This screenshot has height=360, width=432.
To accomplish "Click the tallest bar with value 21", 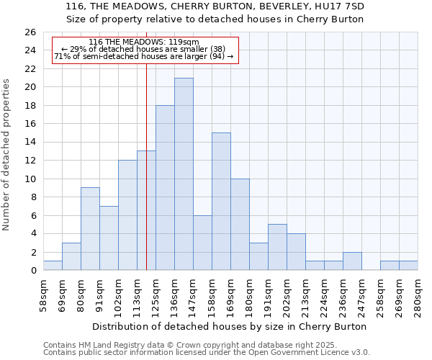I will pos(184,174).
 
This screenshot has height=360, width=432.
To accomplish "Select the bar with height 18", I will pos(165,188).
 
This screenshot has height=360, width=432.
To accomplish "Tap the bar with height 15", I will pos(221,202).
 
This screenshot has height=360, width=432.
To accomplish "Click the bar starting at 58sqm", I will pos(53,266).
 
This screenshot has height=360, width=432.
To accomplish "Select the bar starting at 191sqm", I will pos(277,247).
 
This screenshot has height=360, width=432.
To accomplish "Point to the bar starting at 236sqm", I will pos(352,261).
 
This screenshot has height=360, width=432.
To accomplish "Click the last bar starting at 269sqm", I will pos(408,266).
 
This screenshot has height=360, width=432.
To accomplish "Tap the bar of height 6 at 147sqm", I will pos(202,243).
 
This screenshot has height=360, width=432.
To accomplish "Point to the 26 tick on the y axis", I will pos(30,32).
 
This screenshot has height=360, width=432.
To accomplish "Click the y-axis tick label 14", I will pos(30,143).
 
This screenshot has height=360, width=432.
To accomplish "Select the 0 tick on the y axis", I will pos(32,271).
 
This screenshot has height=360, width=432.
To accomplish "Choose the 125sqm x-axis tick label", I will pos(156,295).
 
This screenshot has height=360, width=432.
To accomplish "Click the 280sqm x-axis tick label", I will pos(418,295).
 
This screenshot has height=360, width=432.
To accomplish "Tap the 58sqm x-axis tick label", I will pos(43,295).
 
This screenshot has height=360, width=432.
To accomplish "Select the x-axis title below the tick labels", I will pos(230,326).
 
